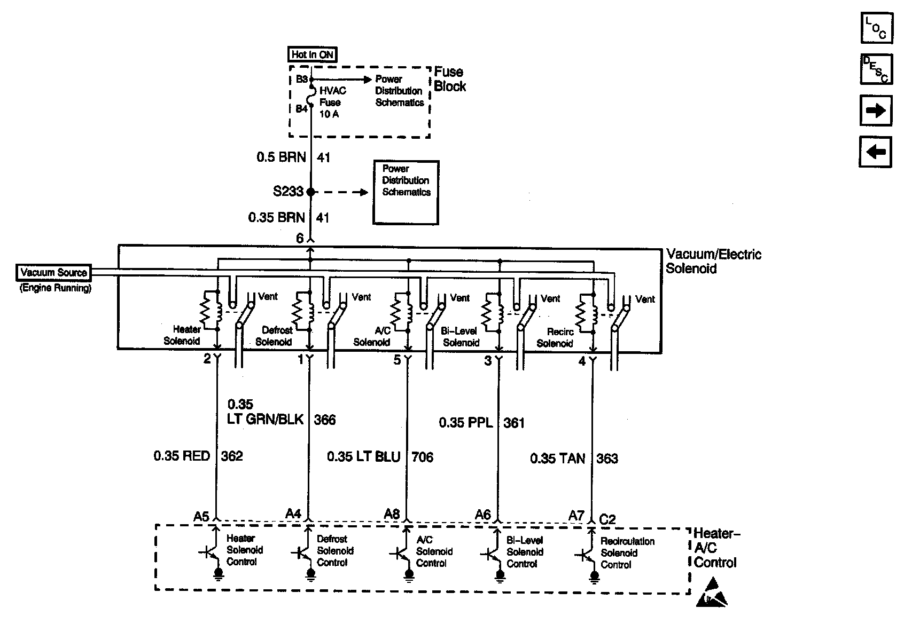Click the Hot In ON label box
[x=312, y=54]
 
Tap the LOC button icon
[x=876, y=28]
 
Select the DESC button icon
[x=876, y=69]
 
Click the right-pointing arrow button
[x=876, y=110]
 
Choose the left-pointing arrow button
[x=876, y=152]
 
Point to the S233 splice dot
[x=311, y=192]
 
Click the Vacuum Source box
[x=53, y=273]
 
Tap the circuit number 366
[x=325, y=420]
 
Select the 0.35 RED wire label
[x=182, y=456]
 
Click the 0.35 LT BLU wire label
[x=363, y=457]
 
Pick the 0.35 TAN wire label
[x=557, y=459]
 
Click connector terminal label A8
[x=392, y=514]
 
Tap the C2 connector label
[x=607, y=519]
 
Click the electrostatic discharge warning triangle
[x=712, y=593]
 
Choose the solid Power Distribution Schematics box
[x=406, y=192]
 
